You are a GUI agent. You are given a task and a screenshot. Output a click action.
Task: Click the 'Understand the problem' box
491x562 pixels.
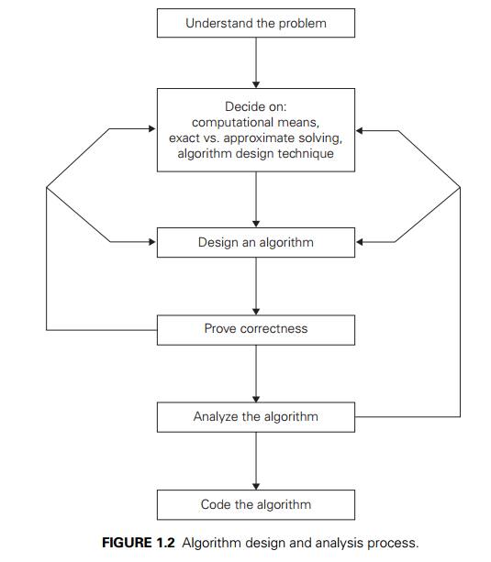click(255, 23)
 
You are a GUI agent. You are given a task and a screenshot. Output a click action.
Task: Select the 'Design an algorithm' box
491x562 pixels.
click(255, 243)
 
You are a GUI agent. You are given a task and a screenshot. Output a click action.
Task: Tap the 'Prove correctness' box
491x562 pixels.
click(255, 328)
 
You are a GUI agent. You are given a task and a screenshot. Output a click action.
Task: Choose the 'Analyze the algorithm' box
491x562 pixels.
click(255, 416)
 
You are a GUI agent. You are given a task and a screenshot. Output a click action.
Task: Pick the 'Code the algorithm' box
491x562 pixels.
click(255, 504)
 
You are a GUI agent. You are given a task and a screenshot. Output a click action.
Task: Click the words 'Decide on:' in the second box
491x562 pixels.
click(256, 106)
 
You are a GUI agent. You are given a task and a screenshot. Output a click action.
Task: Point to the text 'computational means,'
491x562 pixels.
click(256, 122)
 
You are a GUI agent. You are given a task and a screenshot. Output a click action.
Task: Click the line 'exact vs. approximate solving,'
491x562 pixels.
click(256, 138)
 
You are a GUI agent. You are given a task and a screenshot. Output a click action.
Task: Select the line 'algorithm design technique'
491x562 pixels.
click(256, 154)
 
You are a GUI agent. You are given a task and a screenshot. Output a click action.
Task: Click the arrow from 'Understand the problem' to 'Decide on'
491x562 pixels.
click(256, 62)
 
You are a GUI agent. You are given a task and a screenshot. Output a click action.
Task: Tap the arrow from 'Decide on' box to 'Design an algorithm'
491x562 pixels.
click(256, 199)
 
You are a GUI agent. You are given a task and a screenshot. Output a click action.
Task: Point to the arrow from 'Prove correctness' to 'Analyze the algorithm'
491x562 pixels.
click(256, 373)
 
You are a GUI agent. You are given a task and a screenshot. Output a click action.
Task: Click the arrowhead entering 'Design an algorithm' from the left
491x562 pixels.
click(151, 243)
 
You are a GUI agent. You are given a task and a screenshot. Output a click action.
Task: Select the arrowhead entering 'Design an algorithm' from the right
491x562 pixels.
click(361, 243)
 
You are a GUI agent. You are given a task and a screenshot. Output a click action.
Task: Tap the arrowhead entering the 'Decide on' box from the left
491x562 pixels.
click(151, 130)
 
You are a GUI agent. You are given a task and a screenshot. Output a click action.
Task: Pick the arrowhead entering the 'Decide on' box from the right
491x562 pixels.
click(361, 130)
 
